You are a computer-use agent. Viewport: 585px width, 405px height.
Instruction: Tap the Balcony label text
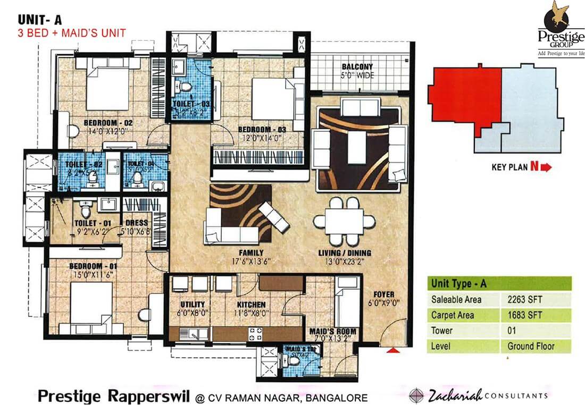pos(357,67)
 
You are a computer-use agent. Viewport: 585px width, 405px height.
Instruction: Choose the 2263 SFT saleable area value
pos(525,299)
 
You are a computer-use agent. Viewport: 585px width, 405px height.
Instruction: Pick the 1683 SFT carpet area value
pos(525,315)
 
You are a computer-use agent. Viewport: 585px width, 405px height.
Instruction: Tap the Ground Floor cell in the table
pos(530,346)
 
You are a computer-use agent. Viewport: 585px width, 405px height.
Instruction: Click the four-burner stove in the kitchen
pos(255,334)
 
